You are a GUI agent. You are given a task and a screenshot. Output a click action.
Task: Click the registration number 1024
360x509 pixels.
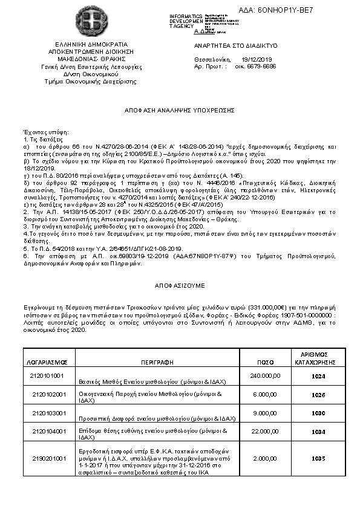coord(318,376)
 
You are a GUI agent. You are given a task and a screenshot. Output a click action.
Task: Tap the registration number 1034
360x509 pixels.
coord(318,432)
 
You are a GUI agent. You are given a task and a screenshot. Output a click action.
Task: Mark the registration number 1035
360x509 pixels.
coord(318,459)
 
